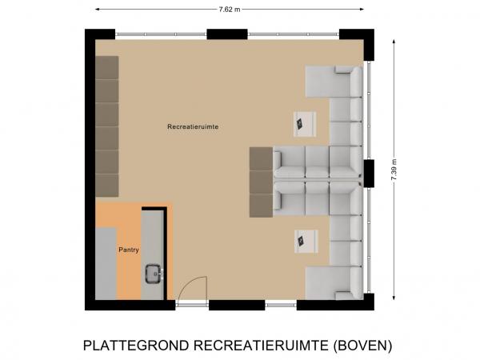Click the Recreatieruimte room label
pos(194,127)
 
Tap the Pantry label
pos(130,250)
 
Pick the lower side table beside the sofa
pos(305,239)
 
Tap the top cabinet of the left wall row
pos(107,67)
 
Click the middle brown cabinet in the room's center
pos(261,182)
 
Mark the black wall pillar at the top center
pos(226,34)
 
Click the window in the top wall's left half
pos(161,34)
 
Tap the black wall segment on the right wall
pos(369,172)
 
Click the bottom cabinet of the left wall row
pos(107,185)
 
